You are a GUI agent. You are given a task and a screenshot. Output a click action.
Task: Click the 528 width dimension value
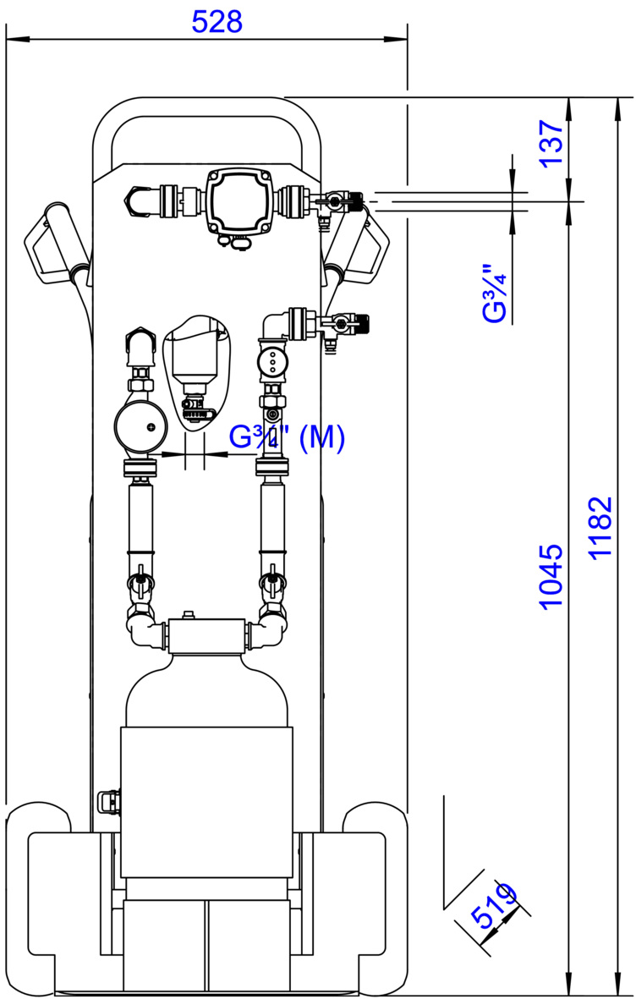point(217,22)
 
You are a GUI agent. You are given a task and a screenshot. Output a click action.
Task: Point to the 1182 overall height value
point(600,528)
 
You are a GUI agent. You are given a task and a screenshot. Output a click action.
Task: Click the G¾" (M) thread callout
point(288,438)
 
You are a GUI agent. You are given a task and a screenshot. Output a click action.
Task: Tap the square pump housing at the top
point(238,200)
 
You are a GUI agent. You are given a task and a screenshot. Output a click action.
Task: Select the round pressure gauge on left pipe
point(141,427)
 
